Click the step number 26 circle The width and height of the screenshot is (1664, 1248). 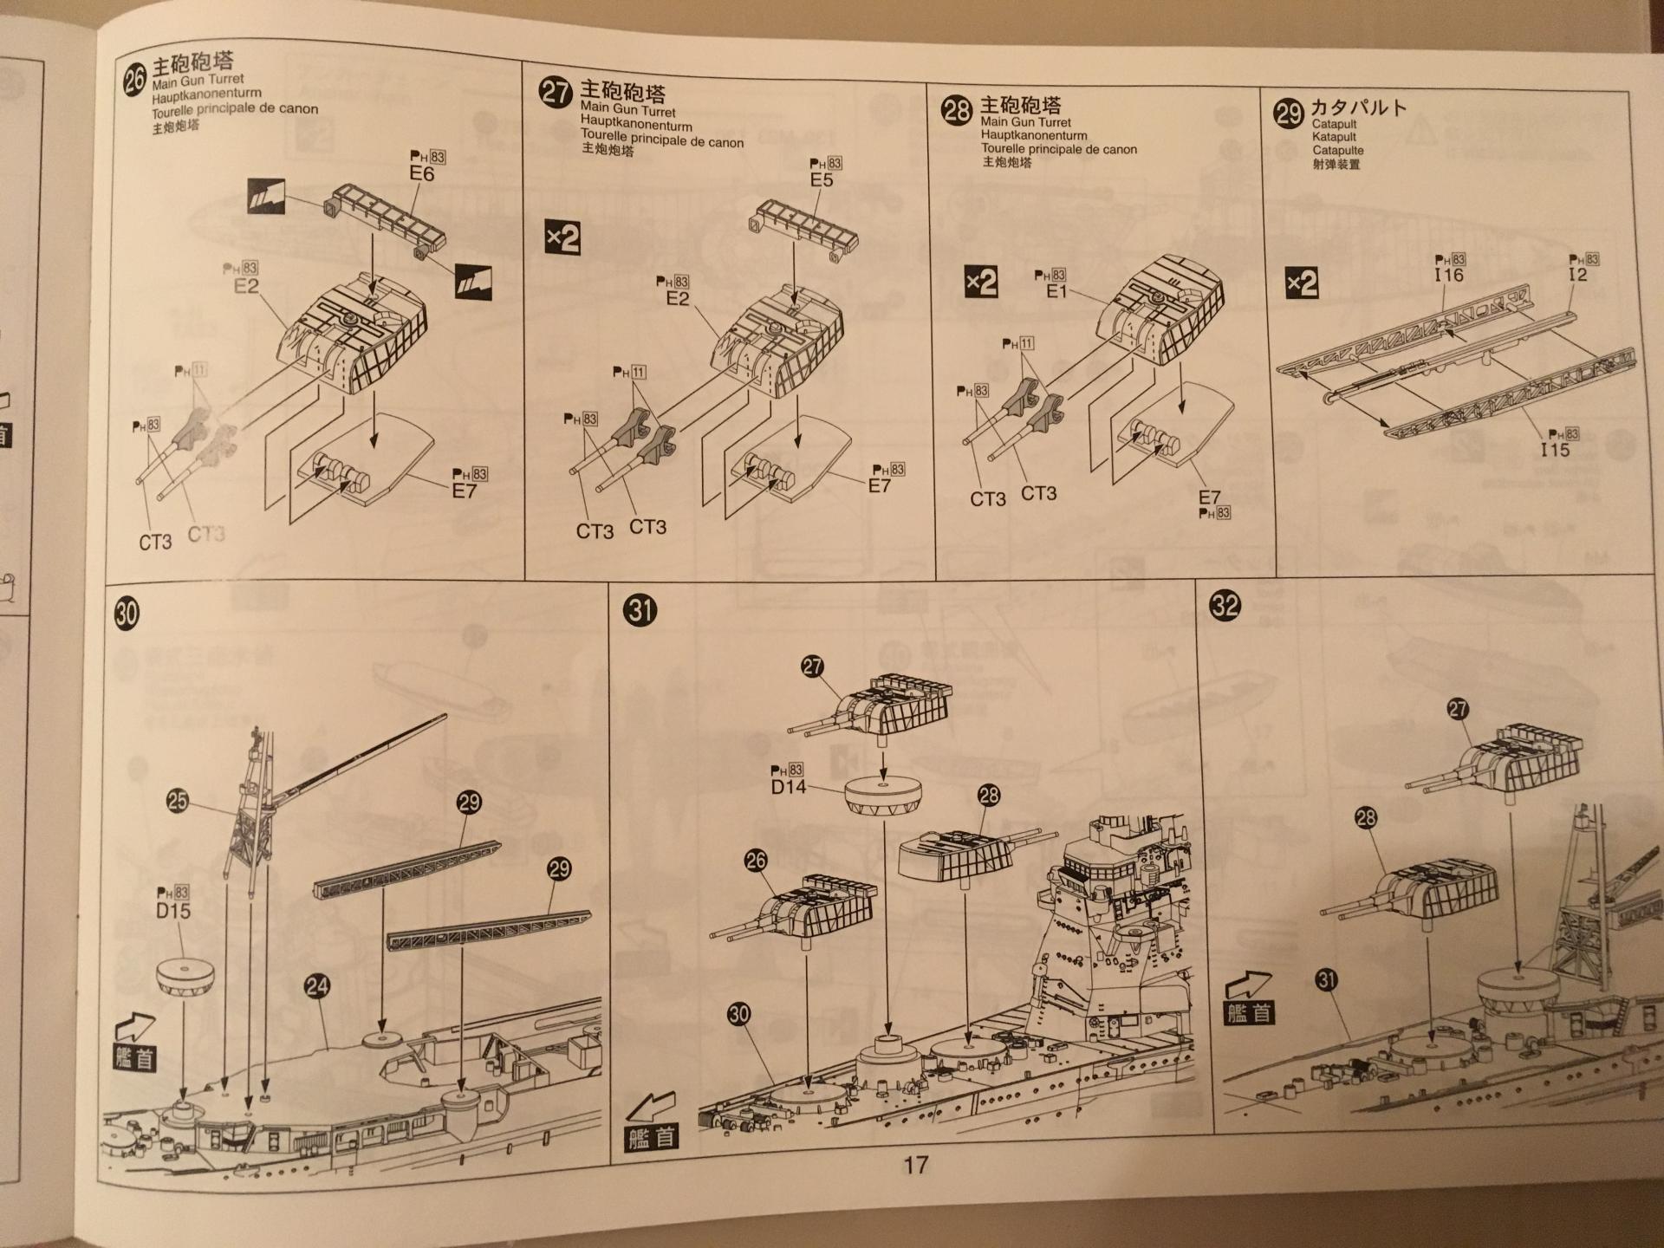[x=134, y=81]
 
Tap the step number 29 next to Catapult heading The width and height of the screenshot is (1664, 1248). [x=1289, y=113]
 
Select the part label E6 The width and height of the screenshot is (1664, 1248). [x=421, y=174]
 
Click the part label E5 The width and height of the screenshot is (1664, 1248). [x=821, y=180]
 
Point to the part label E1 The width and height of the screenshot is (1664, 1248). [x=1056, y=292]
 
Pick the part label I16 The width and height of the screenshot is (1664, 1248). [x=1448, y=276]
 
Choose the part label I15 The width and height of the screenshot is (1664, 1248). [x=1555, y=451]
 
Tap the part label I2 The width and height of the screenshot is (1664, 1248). [x=1577, y=275]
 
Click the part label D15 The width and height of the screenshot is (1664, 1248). [x=173, y=911]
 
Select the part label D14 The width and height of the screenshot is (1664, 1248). [x=788, y=787]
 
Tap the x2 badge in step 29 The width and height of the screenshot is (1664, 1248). [x=1302, y=283]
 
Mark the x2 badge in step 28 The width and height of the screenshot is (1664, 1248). [x=981, y=283]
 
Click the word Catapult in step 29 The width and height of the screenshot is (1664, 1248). [x=1334, y=125]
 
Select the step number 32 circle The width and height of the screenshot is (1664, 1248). [x=1225, y=605]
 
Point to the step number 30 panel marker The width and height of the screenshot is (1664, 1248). [x=127, y=614]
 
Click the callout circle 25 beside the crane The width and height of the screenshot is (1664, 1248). [x=177, y=801]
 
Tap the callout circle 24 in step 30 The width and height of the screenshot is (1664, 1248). [x=316, y=986]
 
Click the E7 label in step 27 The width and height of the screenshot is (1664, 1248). [x=879, y=486]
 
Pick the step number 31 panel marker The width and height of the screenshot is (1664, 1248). [x=640, y=611]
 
